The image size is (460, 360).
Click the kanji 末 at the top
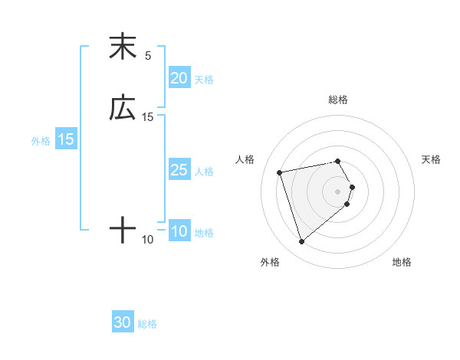pos(122,47)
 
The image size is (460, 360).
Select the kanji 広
pos(122,108)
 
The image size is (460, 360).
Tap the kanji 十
pos(122,230)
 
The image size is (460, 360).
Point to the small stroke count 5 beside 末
pos(148,55)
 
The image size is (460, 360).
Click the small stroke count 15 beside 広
pos(148,116)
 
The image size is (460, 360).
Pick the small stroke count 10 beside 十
pos(148,240)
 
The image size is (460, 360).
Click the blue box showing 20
pos(179,78)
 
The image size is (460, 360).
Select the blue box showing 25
pos(179,170)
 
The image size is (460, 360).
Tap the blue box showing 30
pos(122,323)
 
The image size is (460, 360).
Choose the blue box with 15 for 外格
pos(65,139)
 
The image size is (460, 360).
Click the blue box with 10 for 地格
pos(179,232)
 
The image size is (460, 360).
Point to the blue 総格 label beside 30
pos(147,324)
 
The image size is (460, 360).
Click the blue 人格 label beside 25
pos(204,171)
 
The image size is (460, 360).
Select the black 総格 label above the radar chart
pos(337,100)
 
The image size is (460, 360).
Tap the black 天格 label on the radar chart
pos(431,159)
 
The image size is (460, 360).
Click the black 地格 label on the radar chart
pos(402,263)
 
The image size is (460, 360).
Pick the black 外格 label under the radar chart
pos(270,263)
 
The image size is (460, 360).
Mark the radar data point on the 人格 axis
pos(280,172)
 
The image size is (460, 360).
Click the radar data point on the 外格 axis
pos(301,242)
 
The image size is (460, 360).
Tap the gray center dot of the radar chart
pos(337,191)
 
